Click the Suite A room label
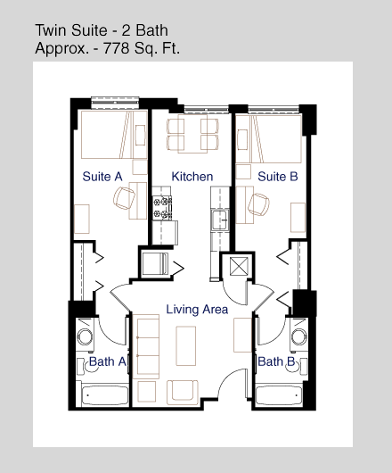point(102,177)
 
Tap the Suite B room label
point(278,177)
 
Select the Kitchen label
point(192,177)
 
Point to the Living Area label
point(197,310)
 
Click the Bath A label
point(108,361)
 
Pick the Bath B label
point(276,361)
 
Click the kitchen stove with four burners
point(162,208)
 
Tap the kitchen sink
point(220,220)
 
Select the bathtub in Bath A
point(105,394)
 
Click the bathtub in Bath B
point(279,394)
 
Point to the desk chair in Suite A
point(124,198)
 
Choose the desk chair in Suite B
point(258,204)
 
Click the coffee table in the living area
point(186,345)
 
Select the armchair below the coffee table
point(183,391)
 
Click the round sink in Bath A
point(85,336)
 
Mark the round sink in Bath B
point(299,336)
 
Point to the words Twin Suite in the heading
point(71,30)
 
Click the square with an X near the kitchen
point(239,266)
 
